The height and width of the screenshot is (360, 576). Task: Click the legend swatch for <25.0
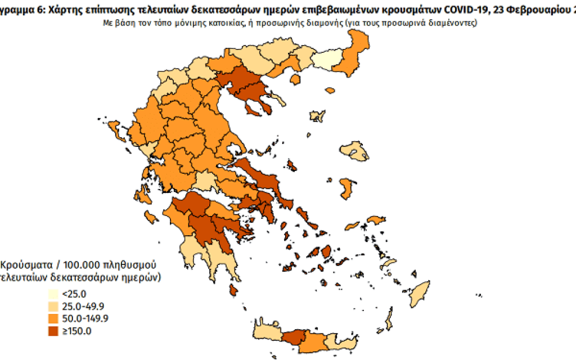(x=53, y=293)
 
